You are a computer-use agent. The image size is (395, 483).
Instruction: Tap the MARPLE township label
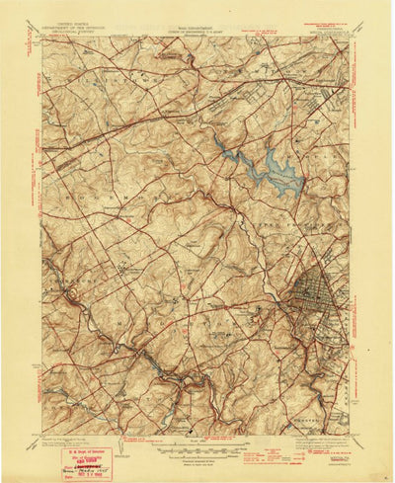[x=326, y=119]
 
